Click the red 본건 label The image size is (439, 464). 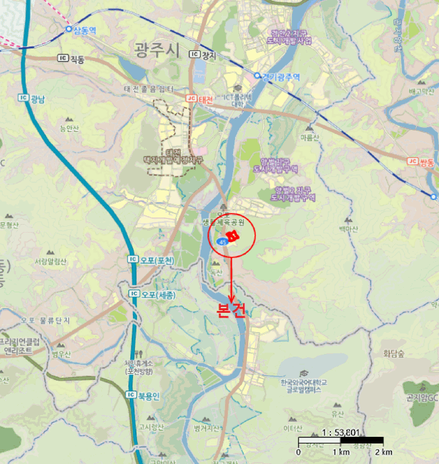[x=231, y=310]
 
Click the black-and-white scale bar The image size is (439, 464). [x=340, y=440]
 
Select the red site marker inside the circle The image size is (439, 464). [x=232, y=235]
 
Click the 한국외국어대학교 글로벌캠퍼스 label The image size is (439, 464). [x=304, y=386]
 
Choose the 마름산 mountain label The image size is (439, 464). [x=309, y=137]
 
